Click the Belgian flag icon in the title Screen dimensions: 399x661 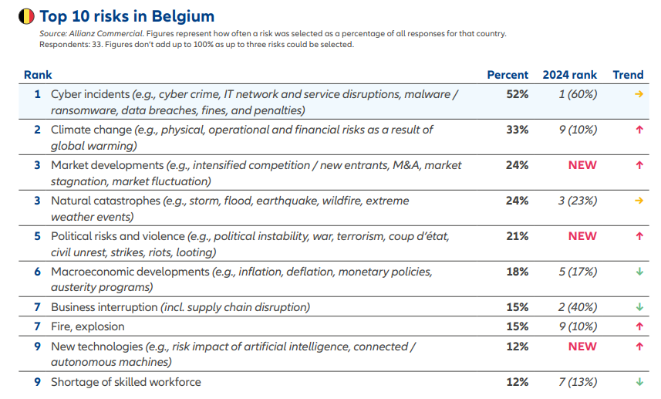pyautogui.click(x=25, y=16)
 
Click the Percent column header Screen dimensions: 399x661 pyautogui.click(x=508, y=75)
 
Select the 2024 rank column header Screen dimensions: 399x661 pyautogui.click(x=569, y=75)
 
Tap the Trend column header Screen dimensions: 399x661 pyautogui.click(x=628, y=75)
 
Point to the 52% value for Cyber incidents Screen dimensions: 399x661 pyautogui.click(x=517, y=94)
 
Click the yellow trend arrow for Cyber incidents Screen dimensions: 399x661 pyautogui.click(x=639, y=94)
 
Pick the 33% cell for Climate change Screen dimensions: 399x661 pyautogui.click(x=517, y=130)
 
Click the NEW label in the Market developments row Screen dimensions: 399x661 pyautogui.click(x=582, y=165)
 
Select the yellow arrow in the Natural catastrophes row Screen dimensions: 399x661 pyautogui.click(x=639, y=201)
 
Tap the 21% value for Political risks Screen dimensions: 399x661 pyautogui.click(x=517, y=236)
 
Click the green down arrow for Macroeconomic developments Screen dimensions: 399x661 pyautogui.click(x=639, y=272)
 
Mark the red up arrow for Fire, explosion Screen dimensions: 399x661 pyautogui.click(x=639, y=326)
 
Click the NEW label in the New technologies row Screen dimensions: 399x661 pyautogui.click(x=582, y=347)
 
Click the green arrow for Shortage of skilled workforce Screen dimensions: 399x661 pyautogui.click(x=639, y=382)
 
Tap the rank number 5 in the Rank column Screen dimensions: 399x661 pyautogui.click(x=36, y=236)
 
